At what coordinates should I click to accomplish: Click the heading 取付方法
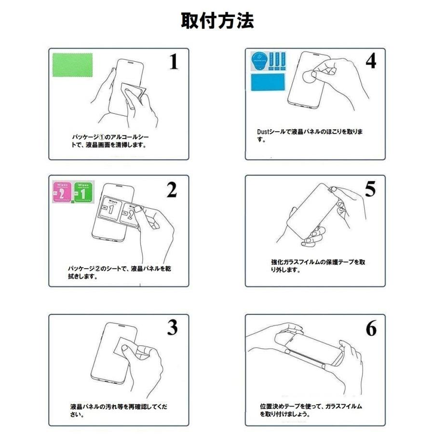click(217, 21)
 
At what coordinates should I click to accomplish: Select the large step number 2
click(172, 190)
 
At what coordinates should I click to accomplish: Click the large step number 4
click(371, 61)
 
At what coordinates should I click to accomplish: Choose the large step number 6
click(371, 328)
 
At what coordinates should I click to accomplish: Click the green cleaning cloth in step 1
click(72, 65)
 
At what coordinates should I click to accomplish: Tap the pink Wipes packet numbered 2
click(62, 191)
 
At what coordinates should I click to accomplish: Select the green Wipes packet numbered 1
click(83, 191)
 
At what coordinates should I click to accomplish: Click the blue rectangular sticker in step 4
click(268, 82)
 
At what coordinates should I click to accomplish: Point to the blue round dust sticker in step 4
click(259, 61)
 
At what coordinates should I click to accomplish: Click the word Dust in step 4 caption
click(263, 132)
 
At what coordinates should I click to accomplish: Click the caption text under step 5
click(318, 266)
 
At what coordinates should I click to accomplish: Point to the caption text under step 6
click(311, 410)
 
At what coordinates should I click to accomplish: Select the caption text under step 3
click(119, 410)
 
